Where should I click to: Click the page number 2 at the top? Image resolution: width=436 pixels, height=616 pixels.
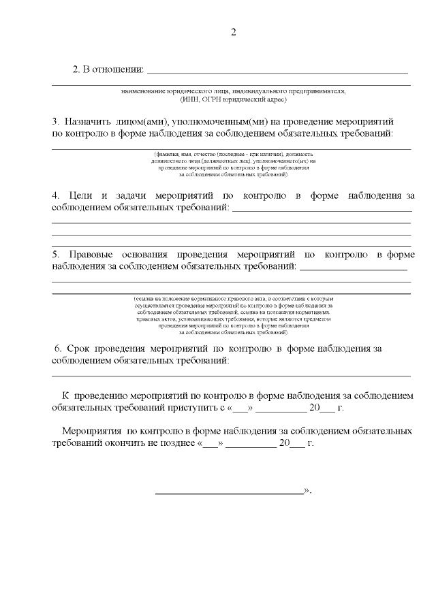[234, 32]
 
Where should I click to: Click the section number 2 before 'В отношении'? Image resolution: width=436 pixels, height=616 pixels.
[76, 69]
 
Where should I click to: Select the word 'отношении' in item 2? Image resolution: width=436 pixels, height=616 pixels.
[121, 69]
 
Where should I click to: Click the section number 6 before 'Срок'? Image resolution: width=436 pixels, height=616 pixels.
[57, 348]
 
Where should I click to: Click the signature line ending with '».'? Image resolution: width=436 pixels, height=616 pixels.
[230, 491]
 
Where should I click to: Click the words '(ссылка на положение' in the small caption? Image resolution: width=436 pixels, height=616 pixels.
[161, 298]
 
